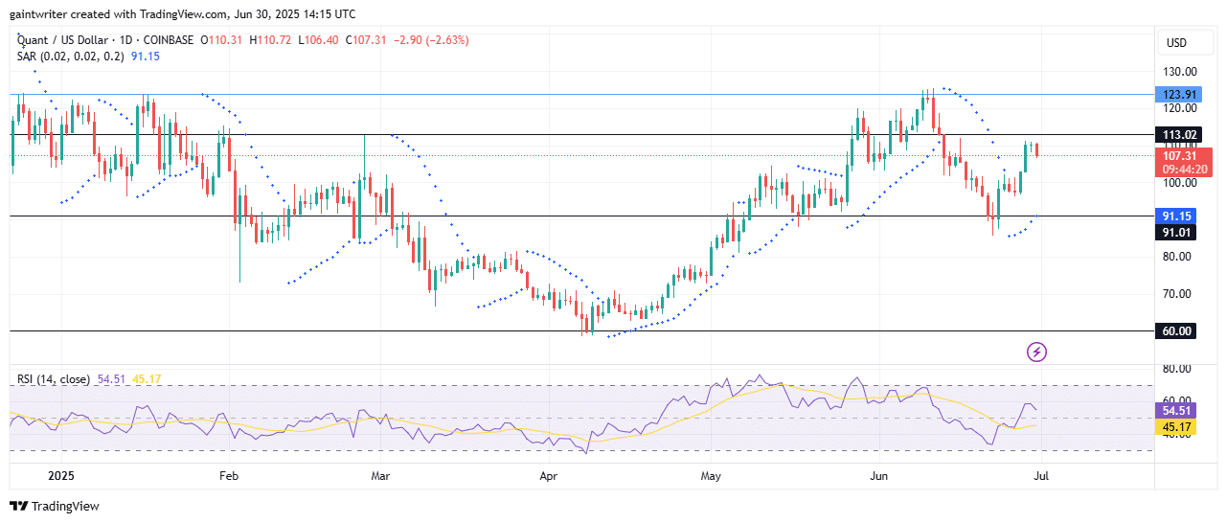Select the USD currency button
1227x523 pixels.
pos(1176,43)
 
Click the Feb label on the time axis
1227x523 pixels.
pos(228,475)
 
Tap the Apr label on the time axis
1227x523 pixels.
pos(549,475)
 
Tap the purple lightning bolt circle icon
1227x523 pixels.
pos(1036,352)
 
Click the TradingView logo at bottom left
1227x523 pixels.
pos(55,506)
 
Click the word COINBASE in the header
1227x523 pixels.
pos(170,40)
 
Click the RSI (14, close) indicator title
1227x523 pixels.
pos(54,379)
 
